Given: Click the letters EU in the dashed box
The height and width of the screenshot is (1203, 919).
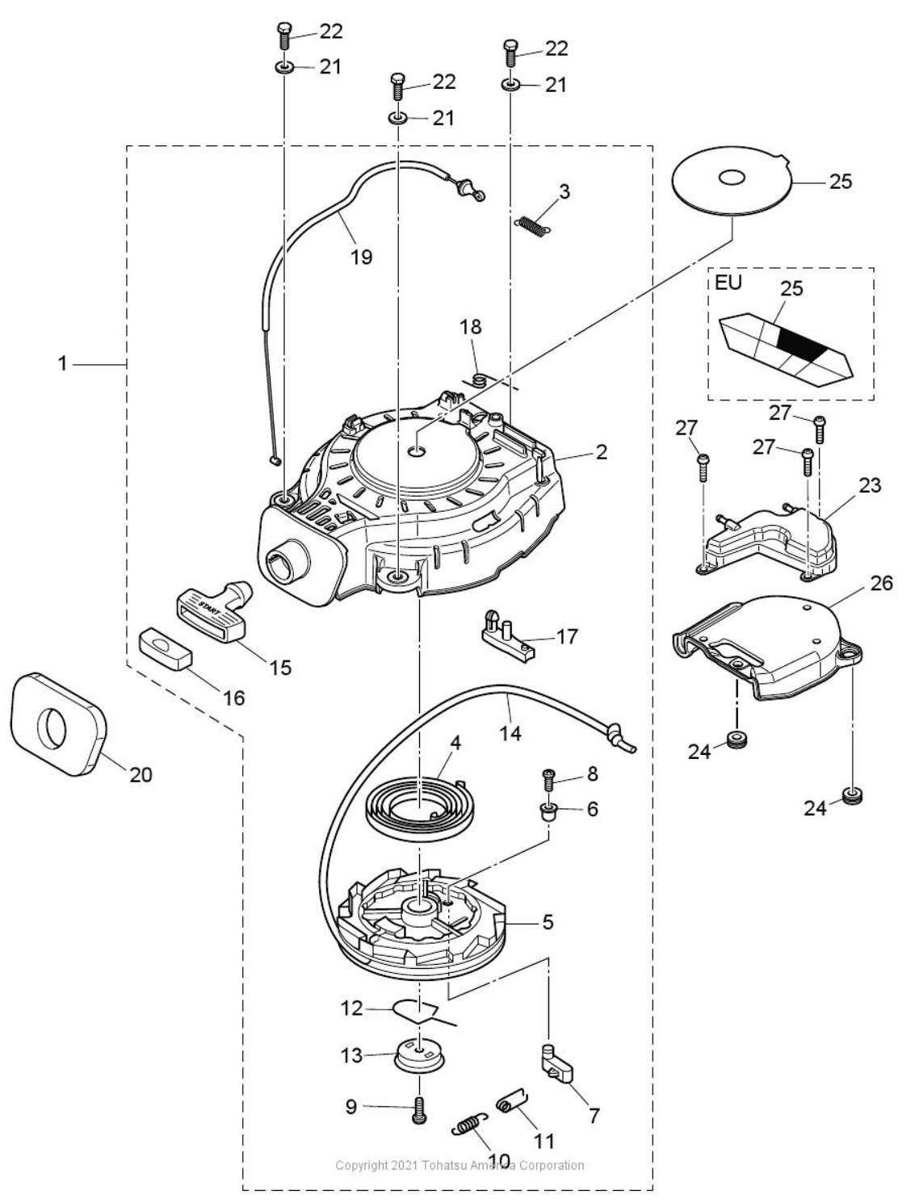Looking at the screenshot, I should click(728, 283).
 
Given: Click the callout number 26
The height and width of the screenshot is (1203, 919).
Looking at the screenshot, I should click(882, 582).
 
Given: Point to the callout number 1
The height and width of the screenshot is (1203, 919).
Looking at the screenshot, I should click(62, 364).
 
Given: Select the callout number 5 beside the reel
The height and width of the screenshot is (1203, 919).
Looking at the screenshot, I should click(548, 921).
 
